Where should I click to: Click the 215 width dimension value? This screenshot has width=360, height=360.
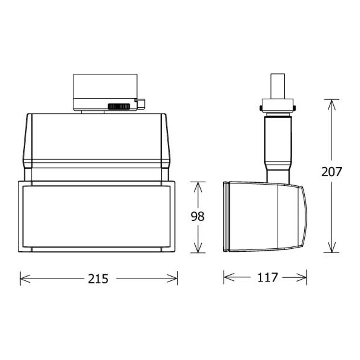tap(98, 279)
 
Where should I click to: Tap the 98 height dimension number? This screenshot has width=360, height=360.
tap(197, 216)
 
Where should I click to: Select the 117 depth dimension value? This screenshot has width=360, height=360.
tap(267, 277)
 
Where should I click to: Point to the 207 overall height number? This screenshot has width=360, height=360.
tap(332, 171)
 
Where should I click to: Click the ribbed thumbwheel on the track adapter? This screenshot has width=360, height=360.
tap(119, 106)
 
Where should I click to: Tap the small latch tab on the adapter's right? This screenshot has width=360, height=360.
tap(140, 104)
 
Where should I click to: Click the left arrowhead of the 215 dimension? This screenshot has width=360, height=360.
tap(25, 278)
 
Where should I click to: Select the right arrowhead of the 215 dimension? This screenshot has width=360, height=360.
tap(172, 278)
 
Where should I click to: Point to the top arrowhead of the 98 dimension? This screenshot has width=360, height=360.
tap(198, 187)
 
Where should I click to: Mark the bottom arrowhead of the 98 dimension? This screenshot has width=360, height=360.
tap(198, 248)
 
